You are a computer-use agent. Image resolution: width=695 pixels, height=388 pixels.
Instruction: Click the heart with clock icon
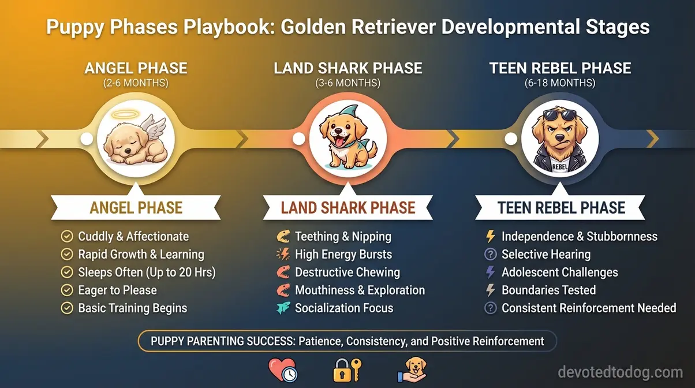coord(282,370)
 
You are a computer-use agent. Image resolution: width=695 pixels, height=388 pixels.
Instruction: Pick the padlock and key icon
coord(347,370)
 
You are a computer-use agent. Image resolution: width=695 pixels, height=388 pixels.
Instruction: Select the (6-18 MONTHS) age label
coord(560,83)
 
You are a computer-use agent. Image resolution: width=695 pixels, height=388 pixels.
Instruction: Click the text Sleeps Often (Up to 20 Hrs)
coord(147,272)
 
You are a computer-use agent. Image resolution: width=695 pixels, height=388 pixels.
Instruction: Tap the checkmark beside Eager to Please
coord(67,290)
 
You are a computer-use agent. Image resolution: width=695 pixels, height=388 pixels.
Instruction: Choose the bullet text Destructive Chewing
coord(347,272)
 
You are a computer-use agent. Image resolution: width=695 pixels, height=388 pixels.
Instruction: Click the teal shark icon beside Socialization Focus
coord(283,308)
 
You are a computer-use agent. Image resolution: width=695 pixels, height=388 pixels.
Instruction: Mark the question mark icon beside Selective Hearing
coord(491,254)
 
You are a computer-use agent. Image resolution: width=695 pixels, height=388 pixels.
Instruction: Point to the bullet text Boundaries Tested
coord(548,290)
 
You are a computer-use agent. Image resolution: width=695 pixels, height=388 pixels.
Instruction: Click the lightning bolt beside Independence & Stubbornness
coord(491,236)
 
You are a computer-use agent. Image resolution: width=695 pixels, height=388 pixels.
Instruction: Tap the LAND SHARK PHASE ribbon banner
coord(347,208)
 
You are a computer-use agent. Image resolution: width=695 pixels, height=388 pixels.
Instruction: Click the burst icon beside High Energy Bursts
coord(283,254)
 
